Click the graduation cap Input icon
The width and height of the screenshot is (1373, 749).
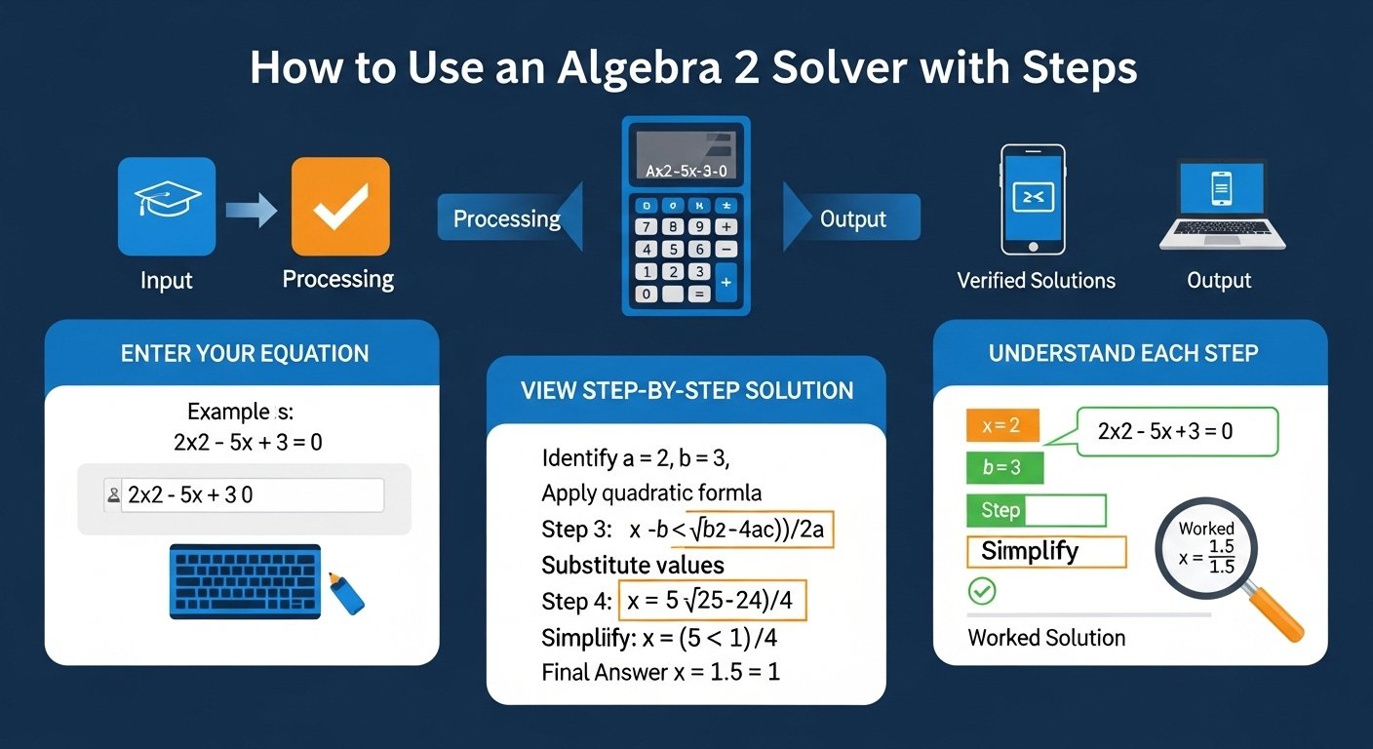coord(167,207)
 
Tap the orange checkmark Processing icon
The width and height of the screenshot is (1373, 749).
coord(340,207)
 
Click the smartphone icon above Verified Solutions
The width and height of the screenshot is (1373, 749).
coord(1034,200)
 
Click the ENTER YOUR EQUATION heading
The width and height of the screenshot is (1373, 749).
coord(245,353)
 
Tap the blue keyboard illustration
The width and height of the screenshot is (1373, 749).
coord(245,580)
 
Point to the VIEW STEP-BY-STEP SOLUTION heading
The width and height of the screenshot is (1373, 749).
coord(686,391)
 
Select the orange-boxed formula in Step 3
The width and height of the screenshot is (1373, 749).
coord(728,530)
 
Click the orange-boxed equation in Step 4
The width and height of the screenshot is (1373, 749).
coord(713,602)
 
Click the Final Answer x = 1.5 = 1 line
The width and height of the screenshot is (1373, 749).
coord(660,672)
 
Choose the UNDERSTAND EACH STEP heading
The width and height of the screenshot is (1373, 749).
coord(1123,353)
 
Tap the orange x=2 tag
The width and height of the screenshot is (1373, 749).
coord(1001,426)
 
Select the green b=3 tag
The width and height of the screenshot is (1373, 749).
coord(1003,468)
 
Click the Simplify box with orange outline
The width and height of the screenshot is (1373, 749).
coord(1045,552)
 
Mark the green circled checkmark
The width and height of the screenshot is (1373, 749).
coord(981,591)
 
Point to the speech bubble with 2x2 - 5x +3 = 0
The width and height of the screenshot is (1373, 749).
coord(1177,431)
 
